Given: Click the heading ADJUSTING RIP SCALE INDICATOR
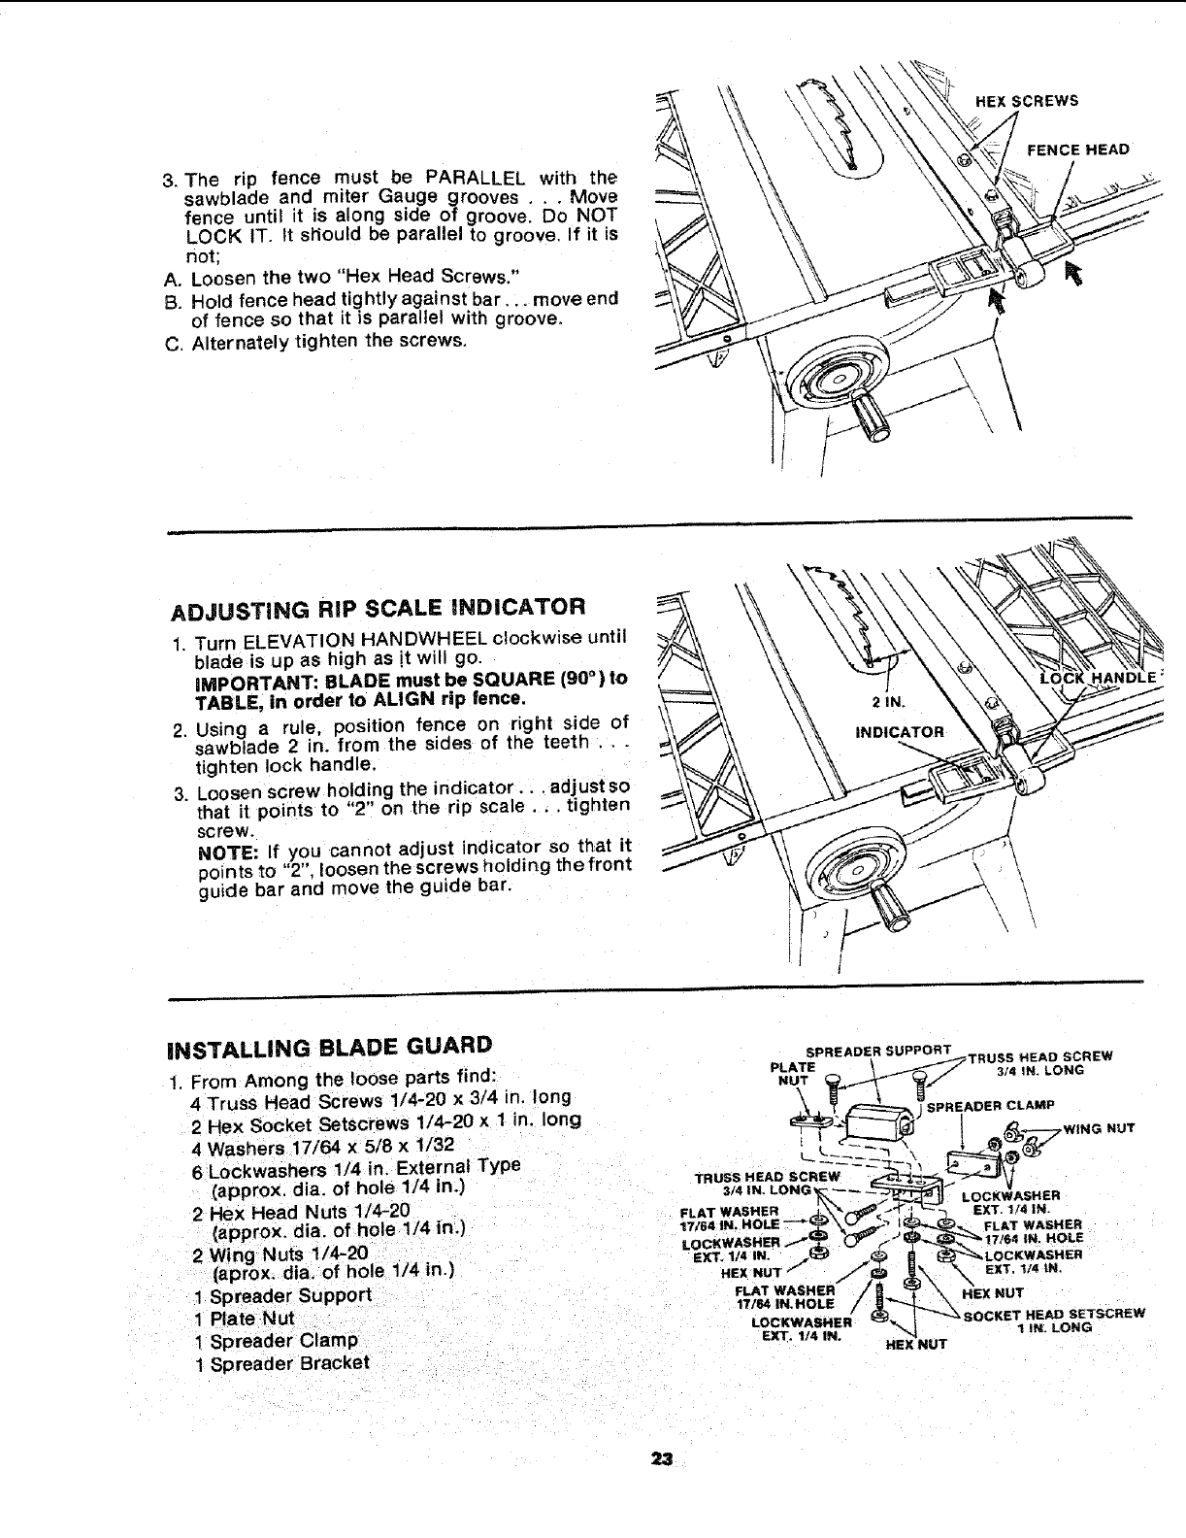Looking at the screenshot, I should (x=378, y=609).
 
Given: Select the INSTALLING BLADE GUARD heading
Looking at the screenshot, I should (x=330, y=1047).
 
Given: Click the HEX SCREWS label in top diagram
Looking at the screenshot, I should (x=1027, y=100).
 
